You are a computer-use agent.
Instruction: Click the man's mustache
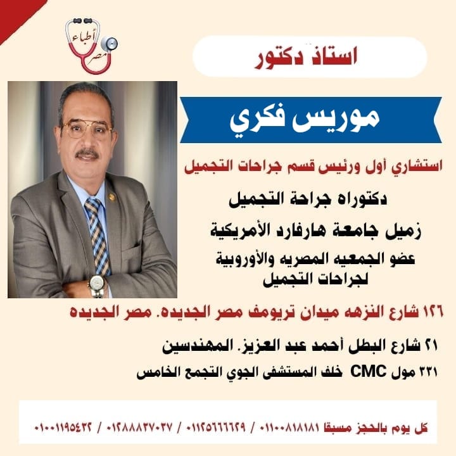87,153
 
